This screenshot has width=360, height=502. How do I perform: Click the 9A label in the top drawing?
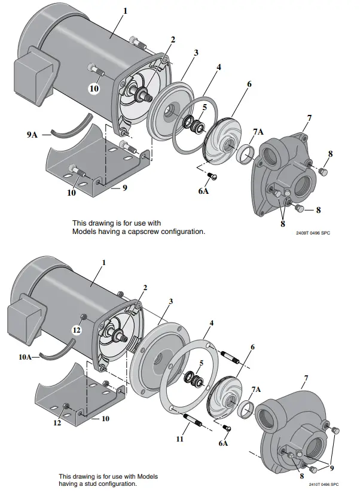(x=32, y=136)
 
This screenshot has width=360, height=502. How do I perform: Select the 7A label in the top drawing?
(x=258, y=131)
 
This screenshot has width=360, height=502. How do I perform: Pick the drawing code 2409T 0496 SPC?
(x=313, y=233)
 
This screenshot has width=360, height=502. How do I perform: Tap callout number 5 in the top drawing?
(x=203, y=108)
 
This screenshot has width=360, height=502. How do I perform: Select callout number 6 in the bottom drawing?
(x=252, y=347)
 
